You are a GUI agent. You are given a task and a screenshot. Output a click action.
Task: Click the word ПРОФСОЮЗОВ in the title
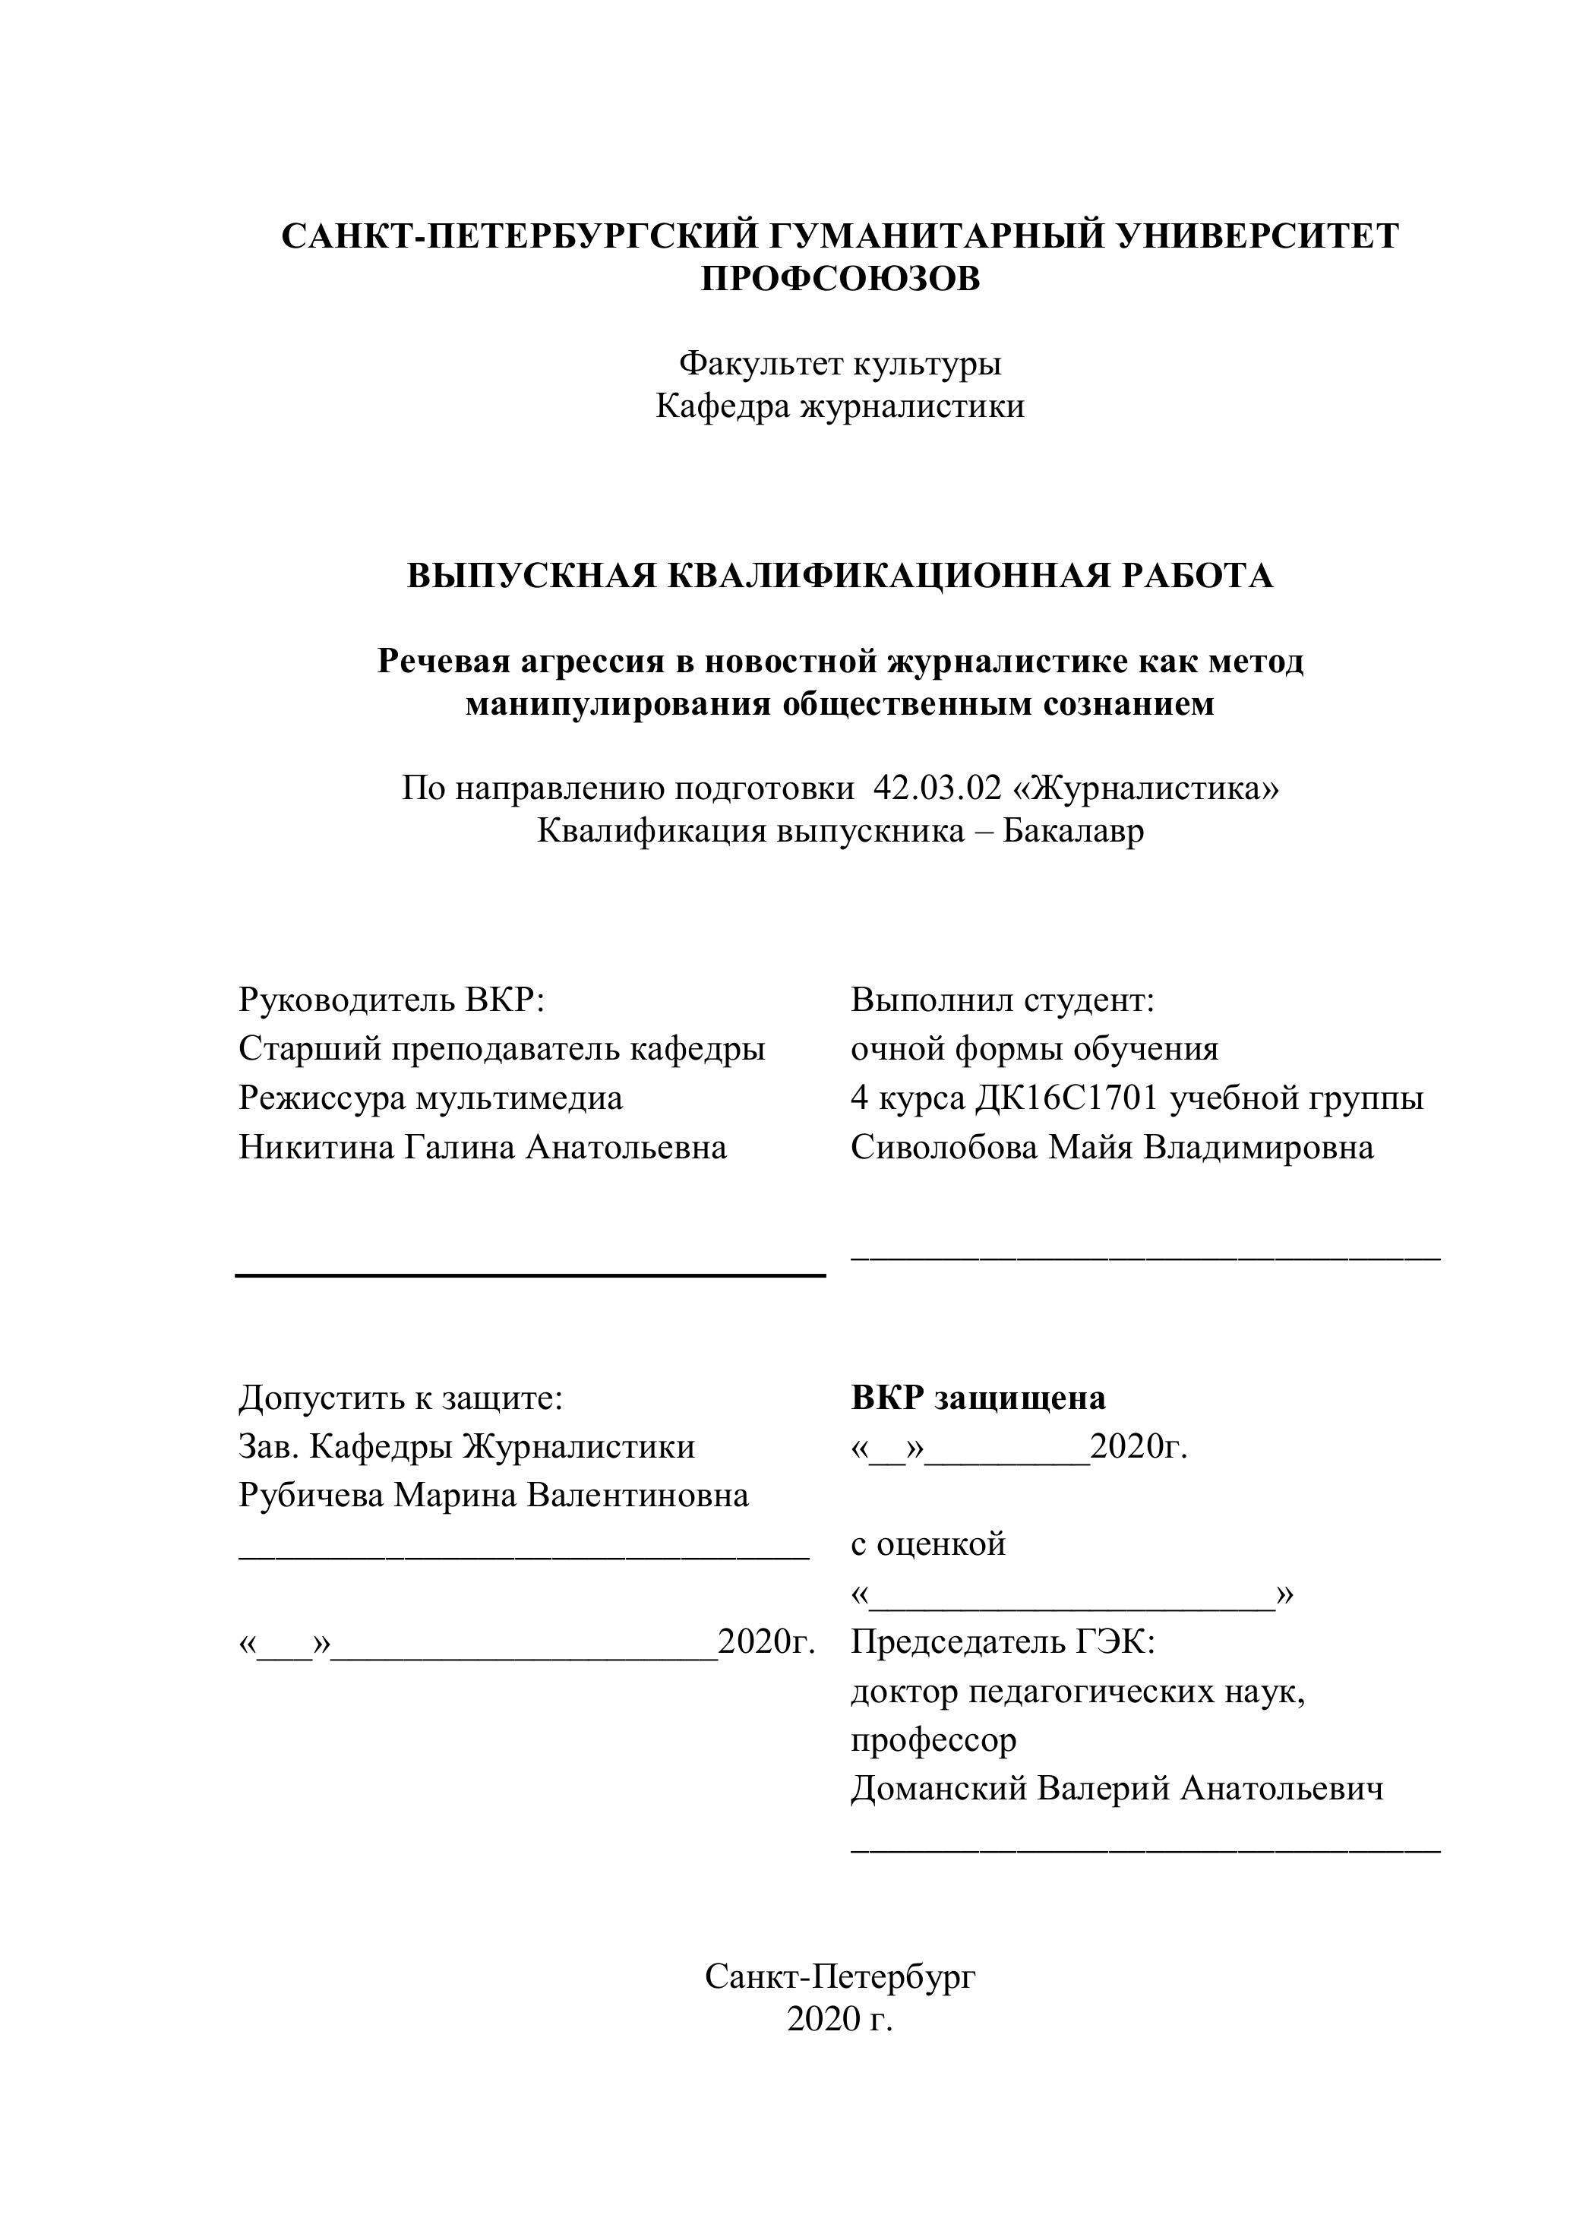839,280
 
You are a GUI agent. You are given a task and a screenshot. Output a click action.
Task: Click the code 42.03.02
937,788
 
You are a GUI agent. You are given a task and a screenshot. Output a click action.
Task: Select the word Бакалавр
1072,831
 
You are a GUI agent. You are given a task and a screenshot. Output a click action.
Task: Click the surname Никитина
315,1148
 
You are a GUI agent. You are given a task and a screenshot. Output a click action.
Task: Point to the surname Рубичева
311,1496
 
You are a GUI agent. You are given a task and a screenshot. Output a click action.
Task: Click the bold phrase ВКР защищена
978,1398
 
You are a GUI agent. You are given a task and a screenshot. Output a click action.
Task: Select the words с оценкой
927,1545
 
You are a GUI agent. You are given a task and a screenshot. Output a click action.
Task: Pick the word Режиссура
322,1099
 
